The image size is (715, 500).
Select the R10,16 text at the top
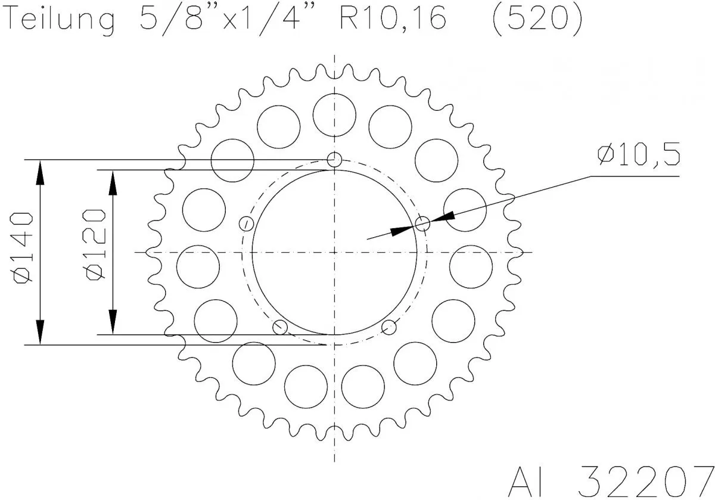pyautogui.click(x=391, y=20)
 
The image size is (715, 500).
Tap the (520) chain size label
pyautogui.click(x=536, y=20)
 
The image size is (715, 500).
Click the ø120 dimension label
pyautogui.click(x=95, y=244)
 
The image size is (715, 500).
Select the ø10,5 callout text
pyautogui.click(x=638, y=156)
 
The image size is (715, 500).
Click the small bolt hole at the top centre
pyautogui.click(x=335, y=160)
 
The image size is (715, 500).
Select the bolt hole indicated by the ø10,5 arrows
pyautogui.click(x=422, y=224)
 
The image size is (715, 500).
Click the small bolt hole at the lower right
pyautogui.click(x=389, y=326)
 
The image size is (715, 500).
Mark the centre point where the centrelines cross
pyautogui.click(x=335, y=252)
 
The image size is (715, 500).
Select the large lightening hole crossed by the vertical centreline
pyautogui.click(x=334, y=113)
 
